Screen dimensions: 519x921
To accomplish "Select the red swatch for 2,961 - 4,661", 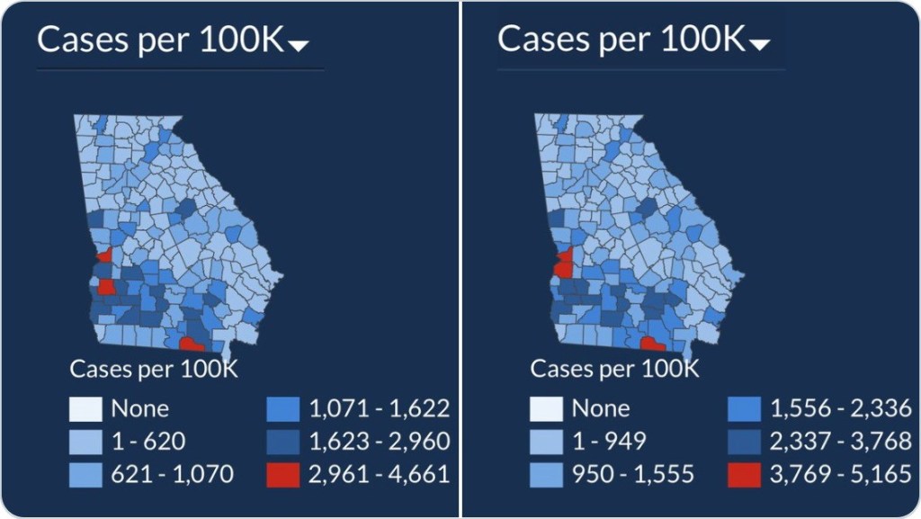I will click(283, 473).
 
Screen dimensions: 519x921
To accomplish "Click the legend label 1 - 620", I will click(149, 442).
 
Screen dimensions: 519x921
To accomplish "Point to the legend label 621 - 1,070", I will click(173, 473).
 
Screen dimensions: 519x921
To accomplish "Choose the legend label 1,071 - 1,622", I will click(379, 409).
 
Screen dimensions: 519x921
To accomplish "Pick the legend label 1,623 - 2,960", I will click(379, 442).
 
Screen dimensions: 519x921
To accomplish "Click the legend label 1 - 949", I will click(610, 442).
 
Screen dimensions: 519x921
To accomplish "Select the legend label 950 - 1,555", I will click(633, 473).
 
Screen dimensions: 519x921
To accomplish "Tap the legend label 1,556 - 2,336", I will click(840, 409).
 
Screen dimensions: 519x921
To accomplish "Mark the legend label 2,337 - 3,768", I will click(840, 442).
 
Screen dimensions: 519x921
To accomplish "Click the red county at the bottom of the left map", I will click(191, 344).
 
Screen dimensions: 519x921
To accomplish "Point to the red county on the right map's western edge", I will click(564, 264).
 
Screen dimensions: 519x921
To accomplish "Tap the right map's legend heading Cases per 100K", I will click(614, 369).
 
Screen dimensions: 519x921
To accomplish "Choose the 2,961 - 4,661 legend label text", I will click(379, 473).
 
